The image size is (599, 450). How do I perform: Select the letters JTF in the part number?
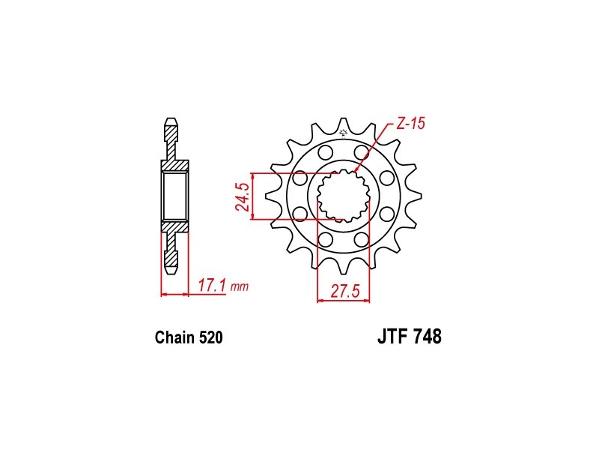391,337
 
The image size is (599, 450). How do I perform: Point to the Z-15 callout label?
410,124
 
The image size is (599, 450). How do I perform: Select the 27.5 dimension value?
345,292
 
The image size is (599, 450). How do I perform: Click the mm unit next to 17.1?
240,286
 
